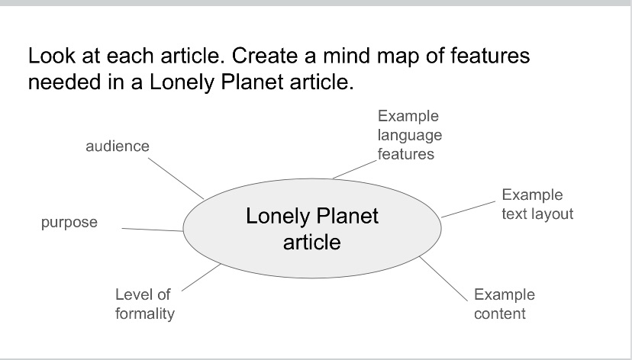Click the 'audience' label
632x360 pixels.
pos(117,146)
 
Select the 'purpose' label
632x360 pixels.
pos(69,223)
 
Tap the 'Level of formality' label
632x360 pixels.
pos(145,304)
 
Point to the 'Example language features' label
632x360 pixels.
pos(409,135)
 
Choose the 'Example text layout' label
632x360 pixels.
pos(537,204)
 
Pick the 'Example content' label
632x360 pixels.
pos(504,304)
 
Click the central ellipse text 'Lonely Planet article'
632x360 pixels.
pos(311,229)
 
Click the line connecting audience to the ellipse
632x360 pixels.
pos(176,178)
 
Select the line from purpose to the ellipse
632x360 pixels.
pos(153,229)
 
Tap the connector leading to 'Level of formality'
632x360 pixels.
pos(201,277)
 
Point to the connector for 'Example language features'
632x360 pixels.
pos(356,168)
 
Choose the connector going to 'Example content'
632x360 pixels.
pos(442,278)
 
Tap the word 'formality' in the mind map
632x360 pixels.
pos(145,313)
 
